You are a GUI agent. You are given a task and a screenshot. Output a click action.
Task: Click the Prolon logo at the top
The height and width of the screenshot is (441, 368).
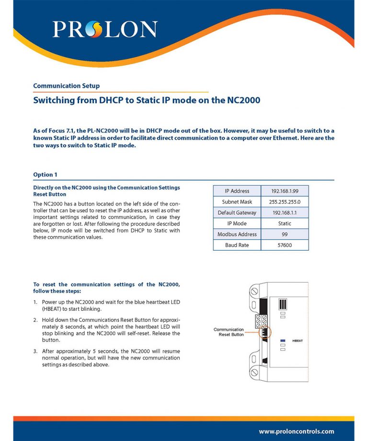click(104, 29)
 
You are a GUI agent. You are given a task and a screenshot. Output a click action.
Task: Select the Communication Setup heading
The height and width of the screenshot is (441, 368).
click(66, 86)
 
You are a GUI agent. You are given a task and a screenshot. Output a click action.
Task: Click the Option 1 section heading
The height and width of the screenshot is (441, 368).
click(45, 175)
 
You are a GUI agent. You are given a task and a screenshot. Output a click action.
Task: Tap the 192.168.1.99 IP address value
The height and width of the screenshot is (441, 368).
click(285, 191)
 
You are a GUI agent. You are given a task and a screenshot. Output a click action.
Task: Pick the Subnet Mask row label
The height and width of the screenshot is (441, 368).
click(237, 202)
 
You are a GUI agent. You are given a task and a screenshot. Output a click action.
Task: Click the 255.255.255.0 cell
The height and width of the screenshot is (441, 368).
click(285, 202)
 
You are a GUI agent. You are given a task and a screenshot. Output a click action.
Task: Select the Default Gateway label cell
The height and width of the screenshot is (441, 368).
click(237, 213)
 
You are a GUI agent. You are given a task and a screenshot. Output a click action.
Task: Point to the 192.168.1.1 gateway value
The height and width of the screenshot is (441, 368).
click(285, 213)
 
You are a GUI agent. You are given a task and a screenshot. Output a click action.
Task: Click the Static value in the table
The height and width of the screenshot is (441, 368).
click(285, 223)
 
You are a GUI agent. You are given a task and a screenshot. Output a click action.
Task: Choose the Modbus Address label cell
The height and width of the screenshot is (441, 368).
click(237, 234)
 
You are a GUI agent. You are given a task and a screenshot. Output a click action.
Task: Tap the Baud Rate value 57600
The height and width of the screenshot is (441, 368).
click(285, 245)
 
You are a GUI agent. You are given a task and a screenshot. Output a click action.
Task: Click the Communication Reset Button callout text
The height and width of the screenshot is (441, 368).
click(229, 332)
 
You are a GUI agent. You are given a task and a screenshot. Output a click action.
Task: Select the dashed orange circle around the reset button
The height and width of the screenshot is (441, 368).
click(264, 332)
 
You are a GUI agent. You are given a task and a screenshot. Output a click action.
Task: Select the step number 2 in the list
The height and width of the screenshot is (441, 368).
click(35, 319)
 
